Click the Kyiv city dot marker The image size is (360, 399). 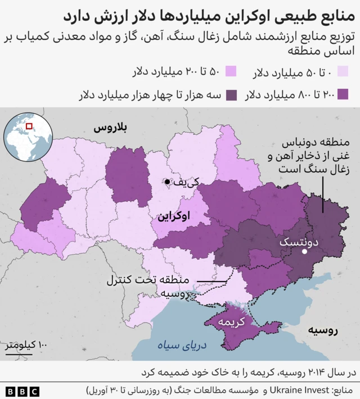tap(167, 181)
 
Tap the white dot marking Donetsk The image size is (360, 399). tap(304, 252)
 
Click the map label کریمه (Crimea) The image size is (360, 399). tap(233, 322)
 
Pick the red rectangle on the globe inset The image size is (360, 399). tap(29, 126)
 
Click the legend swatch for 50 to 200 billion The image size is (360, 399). tap(231, 72)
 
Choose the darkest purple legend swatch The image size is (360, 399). tap(231, 94)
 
